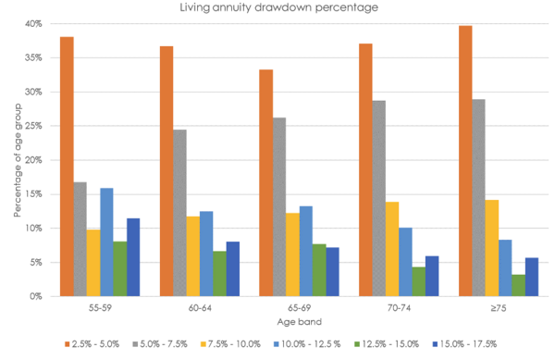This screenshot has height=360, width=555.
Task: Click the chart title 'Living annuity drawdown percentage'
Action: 279,7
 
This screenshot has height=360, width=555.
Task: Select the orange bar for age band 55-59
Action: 67,167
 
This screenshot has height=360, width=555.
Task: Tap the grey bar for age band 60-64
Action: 179,213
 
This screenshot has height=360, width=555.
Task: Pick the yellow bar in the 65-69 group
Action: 292,254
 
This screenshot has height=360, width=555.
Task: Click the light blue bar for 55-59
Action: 106,242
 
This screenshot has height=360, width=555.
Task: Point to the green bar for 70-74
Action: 419,281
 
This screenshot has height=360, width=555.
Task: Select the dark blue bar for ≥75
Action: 532,277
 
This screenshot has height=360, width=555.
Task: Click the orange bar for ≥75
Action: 465,161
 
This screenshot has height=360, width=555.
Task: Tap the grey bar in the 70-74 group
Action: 379,198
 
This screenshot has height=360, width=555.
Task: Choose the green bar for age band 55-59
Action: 120,268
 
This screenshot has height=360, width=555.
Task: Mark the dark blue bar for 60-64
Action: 233,269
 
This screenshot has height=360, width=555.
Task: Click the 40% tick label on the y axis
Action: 33,24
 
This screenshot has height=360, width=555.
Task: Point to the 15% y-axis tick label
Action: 33,194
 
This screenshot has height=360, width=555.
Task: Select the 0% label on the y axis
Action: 36,296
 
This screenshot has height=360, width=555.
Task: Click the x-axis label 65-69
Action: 299,308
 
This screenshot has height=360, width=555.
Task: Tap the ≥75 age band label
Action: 499,308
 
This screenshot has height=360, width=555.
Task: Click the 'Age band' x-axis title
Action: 300,322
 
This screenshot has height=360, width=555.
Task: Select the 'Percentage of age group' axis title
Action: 18,160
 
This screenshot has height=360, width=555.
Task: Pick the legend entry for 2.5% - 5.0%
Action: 92,344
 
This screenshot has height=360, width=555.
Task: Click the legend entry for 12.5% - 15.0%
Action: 387,344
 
